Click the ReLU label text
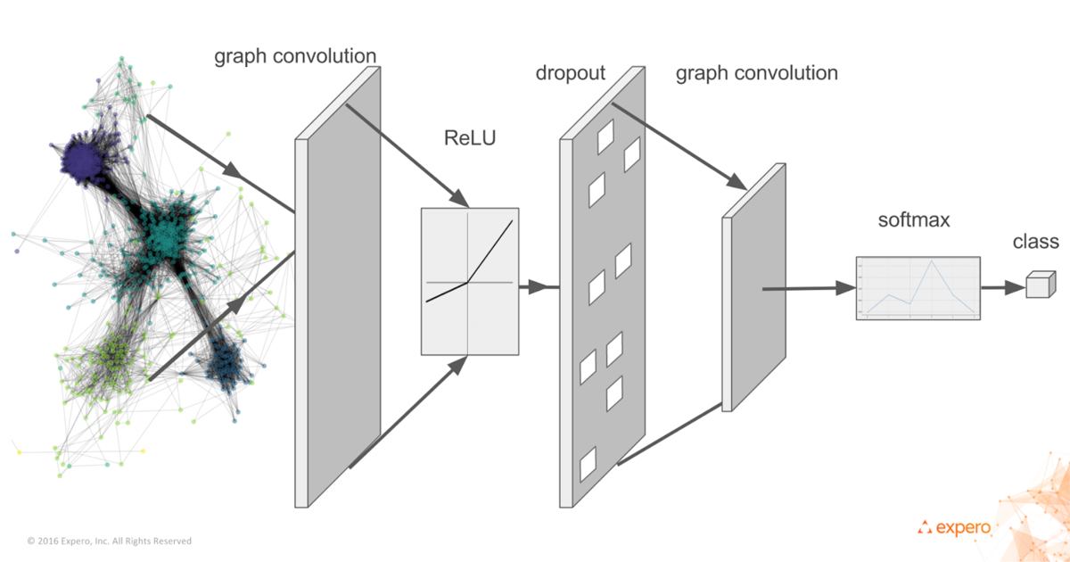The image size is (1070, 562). [x=469, y=138]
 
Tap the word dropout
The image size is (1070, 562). [x=571, y=73]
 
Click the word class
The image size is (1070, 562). [x=1035, y=242]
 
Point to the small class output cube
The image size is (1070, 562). [x=1039, y=286]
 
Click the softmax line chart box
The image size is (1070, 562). [x=918, y=288]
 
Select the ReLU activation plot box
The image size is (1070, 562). [x=469, y=282]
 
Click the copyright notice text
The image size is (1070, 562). [x=109, y=541]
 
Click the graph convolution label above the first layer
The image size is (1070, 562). [x=294, y=56]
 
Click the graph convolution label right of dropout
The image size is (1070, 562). [x=756, y=73]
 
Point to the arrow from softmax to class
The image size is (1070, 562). [x=1002, y=287]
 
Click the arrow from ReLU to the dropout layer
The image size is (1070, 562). [x=538, y=287]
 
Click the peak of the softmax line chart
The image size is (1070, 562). [x=932, y=260]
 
